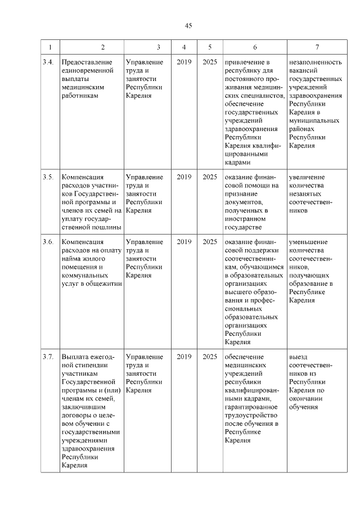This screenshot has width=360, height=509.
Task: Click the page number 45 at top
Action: tap(188, 26)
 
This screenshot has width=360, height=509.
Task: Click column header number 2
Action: tap(102, 47)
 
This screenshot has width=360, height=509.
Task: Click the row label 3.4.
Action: tap(48, 62)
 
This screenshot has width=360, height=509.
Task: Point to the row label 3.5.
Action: tap(48, 177)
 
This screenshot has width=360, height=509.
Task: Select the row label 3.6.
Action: tap(48, 242)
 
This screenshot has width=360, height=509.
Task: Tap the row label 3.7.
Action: tap(48, 357)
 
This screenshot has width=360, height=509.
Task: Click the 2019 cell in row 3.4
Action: tap(184, 62)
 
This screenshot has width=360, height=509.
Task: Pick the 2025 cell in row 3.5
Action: tap(210, 177)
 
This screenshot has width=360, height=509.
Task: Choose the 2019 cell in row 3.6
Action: tap(184, 242)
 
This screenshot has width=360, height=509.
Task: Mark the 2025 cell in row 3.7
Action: tap(210, 357)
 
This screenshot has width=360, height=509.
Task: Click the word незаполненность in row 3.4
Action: tap(316, 62)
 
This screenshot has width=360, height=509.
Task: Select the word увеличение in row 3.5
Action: tap(307, 177)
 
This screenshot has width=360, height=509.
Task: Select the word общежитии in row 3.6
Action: tap(102, 284)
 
